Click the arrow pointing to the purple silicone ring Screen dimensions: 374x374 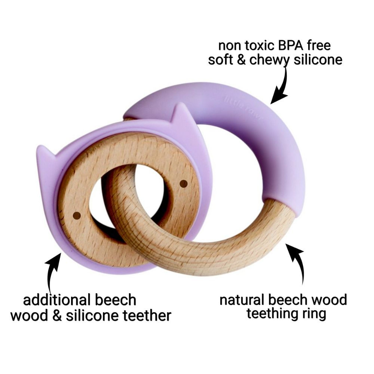281,84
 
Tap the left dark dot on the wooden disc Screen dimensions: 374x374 76,215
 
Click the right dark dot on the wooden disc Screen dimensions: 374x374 183,183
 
